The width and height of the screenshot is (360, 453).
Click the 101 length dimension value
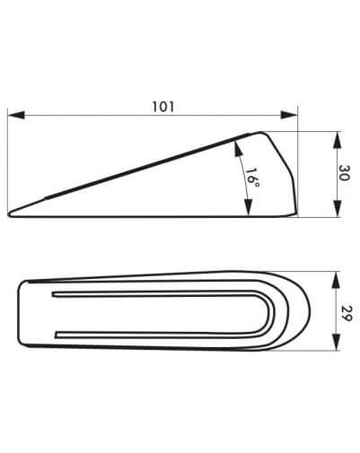(x=163, y=107)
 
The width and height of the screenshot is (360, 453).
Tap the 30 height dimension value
(x=344, y=172)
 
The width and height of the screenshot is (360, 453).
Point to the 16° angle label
(x=252, y=178)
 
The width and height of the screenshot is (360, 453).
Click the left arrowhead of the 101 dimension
(x=16, y=115)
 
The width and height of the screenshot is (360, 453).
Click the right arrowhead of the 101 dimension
(x=289, y=115)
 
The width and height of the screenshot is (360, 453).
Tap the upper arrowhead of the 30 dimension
(x=338, y=140)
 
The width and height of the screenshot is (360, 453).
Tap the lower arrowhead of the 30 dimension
(x=338, y=208)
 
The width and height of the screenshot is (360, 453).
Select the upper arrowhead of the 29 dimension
(x=337, y=280)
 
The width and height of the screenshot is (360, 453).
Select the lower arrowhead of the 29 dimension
(x=337, y=342)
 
